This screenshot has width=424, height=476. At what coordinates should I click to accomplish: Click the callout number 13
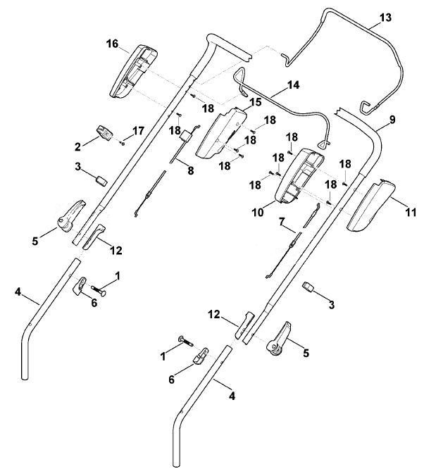coord(385,18)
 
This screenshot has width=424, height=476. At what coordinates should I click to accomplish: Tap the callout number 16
coord(112,44)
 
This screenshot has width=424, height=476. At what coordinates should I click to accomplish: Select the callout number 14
coord(293,85)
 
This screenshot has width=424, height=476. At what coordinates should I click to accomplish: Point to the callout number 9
coord(392,120)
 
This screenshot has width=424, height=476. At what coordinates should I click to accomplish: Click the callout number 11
coord(411,212)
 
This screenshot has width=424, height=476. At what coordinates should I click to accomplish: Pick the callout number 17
coord(138,131)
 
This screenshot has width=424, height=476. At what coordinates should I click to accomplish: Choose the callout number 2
coord(77,147)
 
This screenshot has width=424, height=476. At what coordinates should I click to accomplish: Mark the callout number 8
coord(190,171)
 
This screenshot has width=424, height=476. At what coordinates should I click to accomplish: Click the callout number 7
coord(282,222)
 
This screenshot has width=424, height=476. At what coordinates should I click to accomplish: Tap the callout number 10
coord(258,213)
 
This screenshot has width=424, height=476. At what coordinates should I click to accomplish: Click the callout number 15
coord(256,102)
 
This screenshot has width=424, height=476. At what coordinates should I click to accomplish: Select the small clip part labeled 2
coord(104,133)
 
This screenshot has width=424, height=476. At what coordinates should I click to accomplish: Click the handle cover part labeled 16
coord(133,72)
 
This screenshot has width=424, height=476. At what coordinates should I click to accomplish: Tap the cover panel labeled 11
coord(371,206)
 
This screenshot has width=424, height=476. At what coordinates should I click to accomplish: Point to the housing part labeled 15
coord(221,133)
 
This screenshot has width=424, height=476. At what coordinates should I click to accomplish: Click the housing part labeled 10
coord(299,176)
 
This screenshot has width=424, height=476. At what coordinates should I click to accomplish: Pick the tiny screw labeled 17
coord(123,143)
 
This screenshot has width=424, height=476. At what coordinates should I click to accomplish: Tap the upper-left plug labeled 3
coord(101,180)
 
